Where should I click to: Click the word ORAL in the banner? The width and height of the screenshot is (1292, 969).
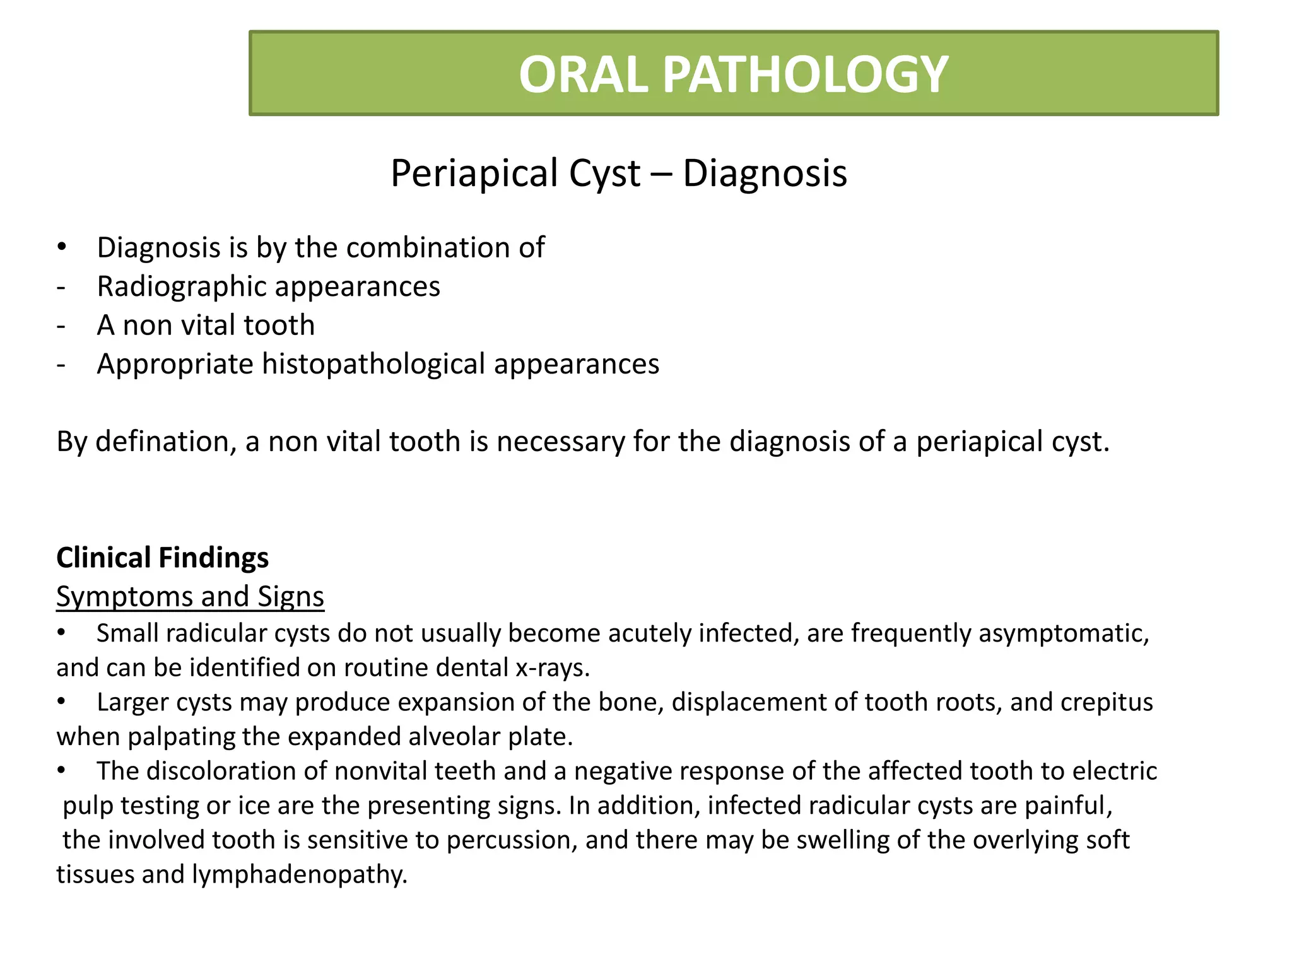click(x=583, y=74)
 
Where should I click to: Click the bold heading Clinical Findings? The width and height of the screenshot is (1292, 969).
click(x=162, y=558)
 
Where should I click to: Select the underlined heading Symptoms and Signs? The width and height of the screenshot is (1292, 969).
click(x=190, y=597)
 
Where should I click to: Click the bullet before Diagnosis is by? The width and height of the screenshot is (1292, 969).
click(x=61, y=247)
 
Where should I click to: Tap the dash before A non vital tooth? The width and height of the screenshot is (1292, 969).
click(x=61, y=326)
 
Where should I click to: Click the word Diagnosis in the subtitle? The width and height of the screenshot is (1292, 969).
click(x=765, y=173)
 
